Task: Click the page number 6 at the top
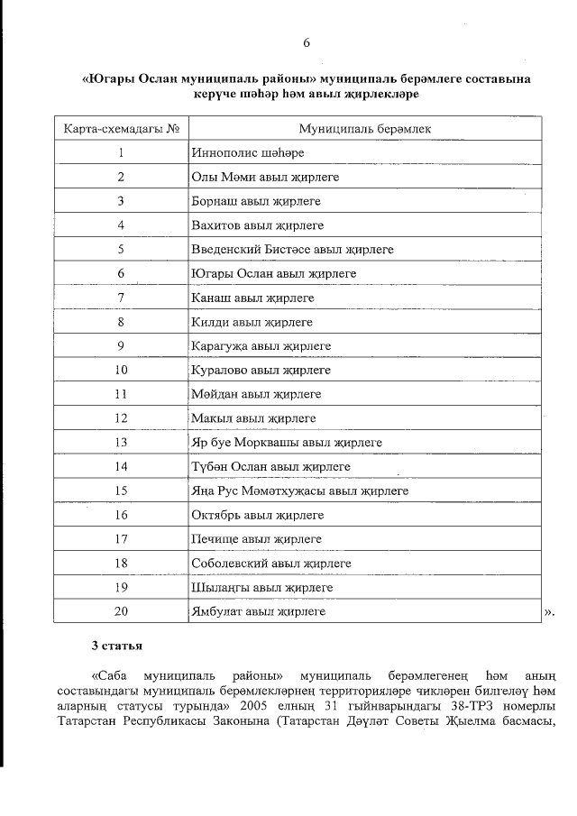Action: coord(306,42)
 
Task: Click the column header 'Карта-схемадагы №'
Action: coord(120,129)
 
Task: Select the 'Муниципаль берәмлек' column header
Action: coord(364,129)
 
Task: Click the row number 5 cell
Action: coord(120,249)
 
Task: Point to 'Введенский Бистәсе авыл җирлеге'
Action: coord(292,249)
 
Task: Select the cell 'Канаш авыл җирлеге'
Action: coord(252,297)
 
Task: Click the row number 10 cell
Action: coord(120,370)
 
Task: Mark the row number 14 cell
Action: coord(120,467)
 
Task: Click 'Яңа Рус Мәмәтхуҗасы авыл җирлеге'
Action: coord(299,491)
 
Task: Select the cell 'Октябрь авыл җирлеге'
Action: coord(257,515)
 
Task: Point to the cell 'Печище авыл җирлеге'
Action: coord(256,539)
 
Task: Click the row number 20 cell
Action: coord(120,611)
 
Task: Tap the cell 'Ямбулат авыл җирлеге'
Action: coord(258,611)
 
